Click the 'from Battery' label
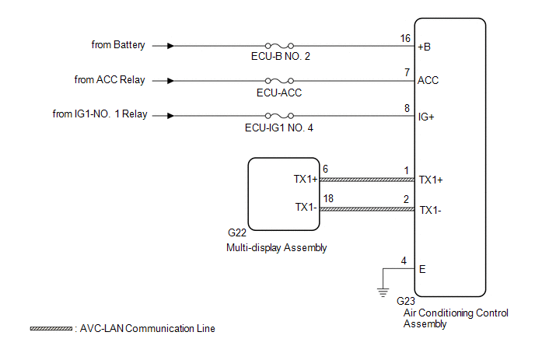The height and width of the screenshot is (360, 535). (x=118, y=45)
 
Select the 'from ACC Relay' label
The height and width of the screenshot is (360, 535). (x=110, y=79)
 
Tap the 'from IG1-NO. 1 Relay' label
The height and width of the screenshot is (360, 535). (x=100, y=114)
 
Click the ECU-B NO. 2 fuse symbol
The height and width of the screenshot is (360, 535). (x=279, y=45)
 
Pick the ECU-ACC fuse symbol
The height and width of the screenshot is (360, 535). (x=279, y=80)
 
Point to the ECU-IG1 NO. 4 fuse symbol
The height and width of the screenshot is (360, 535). (x=279, y=115)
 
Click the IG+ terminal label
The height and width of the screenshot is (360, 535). (x=428, y=116)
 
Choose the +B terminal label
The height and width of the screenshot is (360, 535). (x=425, y=46)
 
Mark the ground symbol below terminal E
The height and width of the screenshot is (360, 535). (x=382, y=292)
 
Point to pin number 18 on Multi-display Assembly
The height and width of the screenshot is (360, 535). (x=330, y=200)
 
